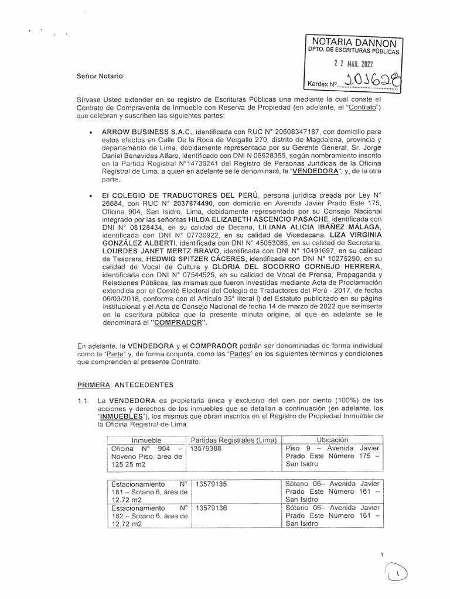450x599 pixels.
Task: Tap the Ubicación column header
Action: click(x=332, y=440)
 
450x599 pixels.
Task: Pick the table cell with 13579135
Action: click(x=212, y=485)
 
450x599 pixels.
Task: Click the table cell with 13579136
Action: click(x=212, y=508)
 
